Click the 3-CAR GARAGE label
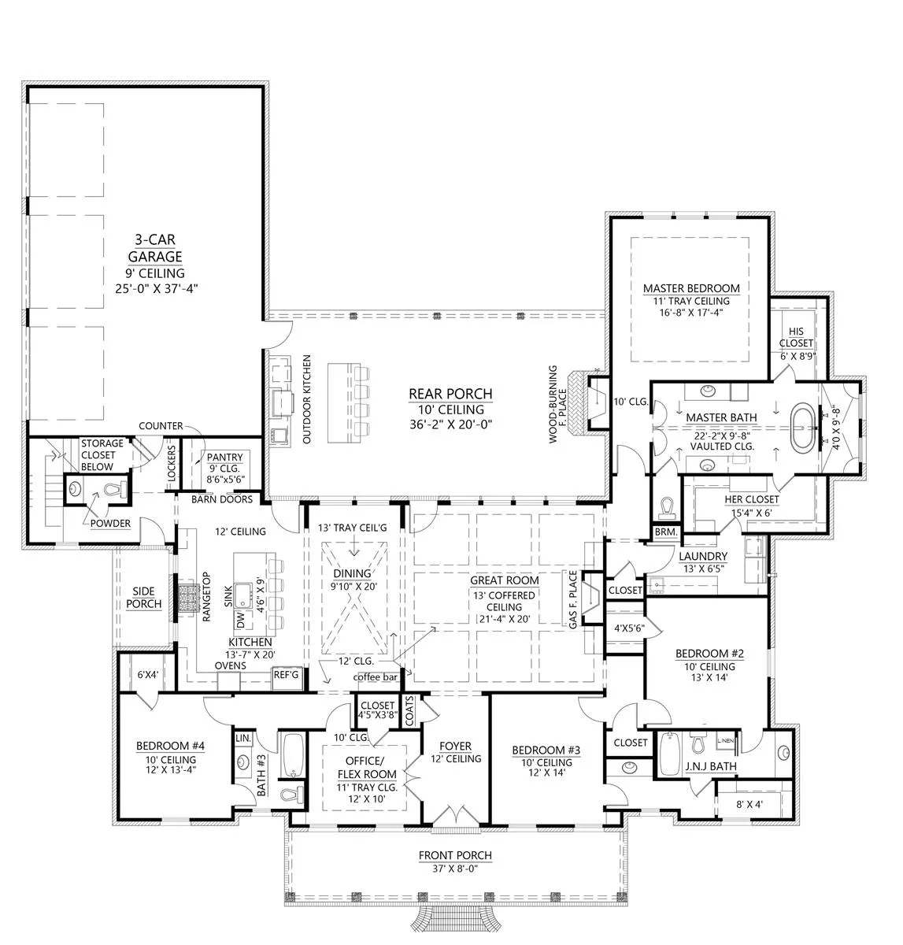[155, 247]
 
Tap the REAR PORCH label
[450, 393]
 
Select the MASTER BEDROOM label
[691, 288]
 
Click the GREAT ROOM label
[505, 580]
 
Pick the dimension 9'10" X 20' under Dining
[353, 586]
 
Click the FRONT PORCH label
[455, 855]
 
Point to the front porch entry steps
[455, 916]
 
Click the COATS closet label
[409, 711]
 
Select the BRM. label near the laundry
[665, 532]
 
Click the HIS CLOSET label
[796, 337]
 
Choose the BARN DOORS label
[222, 499]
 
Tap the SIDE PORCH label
[144, 597]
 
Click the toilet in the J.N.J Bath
[698, 744]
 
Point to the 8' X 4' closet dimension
[749, 804]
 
